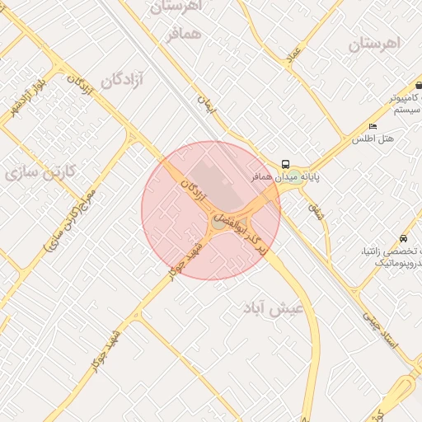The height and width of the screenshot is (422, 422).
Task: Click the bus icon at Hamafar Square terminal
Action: (x=285, y=164)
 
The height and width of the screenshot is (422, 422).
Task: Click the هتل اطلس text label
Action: (x=373, y=138)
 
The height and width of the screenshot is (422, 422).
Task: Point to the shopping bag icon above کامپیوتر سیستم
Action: (x=419, y=84)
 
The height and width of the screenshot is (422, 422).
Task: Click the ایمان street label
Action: (x=205, y=103)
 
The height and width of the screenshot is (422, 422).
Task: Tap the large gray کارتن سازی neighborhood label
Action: (x=40, y=171)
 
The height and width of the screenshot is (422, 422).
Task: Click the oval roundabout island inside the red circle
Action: (x=218, y=223)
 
